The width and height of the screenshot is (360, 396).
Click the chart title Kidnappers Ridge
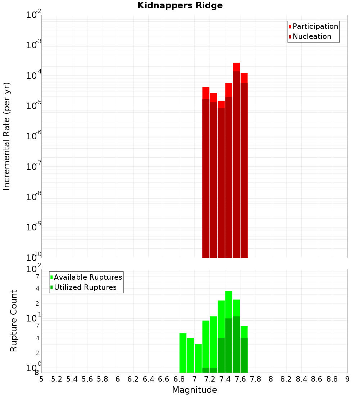tap(180, 5)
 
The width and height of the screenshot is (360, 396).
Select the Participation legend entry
tap(315, 26)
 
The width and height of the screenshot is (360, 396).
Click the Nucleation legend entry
tap(311, 36)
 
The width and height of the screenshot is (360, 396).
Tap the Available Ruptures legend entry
tap(87, 277)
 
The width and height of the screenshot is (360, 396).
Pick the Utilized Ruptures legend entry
tap(85, 287)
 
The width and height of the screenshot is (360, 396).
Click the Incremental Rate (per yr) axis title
tap(7, 136)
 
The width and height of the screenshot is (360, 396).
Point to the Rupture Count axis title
tap(14, 321)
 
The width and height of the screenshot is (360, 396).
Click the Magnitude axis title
tap(194, 390)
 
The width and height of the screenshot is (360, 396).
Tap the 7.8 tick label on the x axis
tap(256, 379)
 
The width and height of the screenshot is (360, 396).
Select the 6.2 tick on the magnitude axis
tap(133, 379)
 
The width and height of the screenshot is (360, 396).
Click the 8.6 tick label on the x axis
tap(317, 379)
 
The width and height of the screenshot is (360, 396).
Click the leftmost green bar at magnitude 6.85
tap(183, 353)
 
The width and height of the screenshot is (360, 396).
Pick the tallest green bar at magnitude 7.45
tap(229, 332)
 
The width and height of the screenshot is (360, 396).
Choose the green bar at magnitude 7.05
tap(198, 358)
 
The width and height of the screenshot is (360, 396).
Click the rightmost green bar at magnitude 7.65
tap(244, 349)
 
